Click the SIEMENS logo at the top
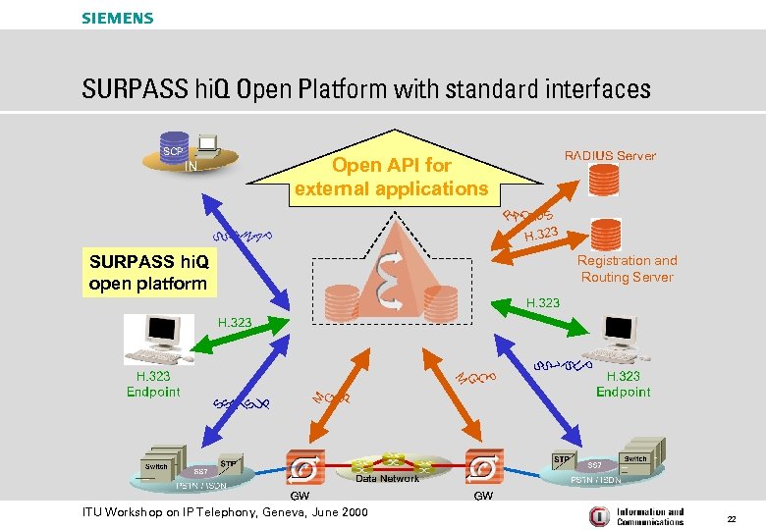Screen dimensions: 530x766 pos(118,18)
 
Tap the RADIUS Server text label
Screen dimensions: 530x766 pos(610,155)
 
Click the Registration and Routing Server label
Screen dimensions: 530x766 pos(627,269)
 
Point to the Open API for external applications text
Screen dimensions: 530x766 pos(391,177)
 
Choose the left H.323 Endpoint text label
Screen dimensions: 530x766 pos(153,384)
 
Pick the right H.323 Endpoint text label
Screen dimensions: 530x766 pos(623,384)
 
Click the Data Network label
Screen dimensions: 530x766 pos(387,478)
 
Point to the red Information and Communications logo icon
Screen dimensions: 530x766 pos(598,516)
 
